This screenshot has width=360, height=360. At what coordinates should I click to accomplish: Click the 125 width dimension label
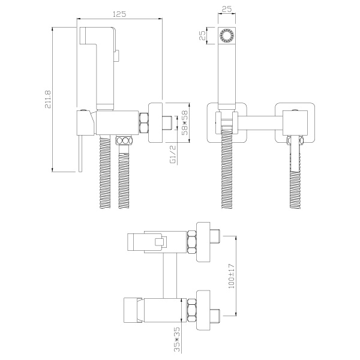coord(119,14)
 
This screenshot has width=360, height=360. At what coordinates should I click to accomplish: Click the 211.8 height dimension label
coord(48,99)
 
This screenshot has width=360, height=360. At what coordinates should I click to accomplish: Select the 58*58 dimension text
coord(184,122)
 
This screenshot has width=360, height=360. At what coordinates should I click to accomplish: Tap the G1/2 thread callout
coord(173,154)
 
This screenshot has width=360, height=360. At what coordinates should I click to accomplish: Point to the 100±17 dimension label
coord(232,276)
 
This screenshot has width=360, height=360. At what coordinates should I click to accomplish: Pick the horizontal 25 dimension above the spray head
coord(227,9)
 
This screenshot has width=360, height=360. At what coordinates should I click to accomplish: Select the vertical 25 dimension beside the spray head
coord(203,35)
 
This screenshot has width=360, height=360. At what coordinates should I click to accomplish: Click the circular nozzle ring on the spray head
coord(227,35)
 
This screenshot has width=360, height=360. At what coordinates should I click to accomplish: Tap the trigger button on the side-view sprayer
coord(117,56)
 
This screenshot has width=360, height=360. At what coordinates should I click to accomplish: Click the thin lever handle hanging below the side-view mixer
coord(80,153)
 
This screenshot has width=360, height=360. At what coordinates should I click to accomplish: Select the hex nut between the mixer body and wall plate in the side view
coord(144,122)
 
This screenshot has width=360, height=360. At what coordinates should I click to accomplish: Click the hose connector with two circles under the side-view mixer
coord(124,140)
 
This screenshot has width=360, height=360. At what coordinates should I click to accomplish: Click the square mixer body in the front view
coord(295,123)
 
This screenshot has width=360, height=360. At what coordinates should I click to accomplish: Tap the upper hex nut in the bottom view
coord(192,242)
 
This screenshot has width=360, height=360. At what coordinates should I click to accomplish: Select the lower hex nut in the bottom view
coord(192,310)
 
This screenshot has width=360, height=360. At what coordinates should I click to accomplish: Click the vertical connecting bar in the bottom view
coord(170,275)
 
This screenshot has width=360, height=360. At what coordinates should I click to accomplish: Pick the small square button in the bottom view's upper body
coord(160,242)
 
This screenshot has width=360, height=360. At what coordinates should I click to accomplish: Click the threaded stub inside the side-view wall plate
coord(167,123)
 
